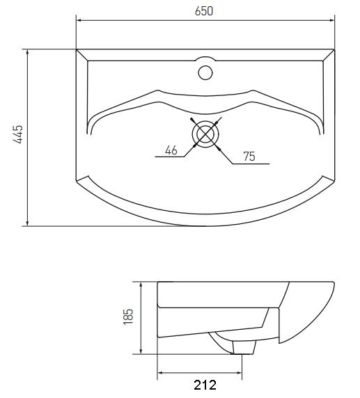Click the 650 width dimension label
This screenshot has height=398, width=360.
[x=204, y=11]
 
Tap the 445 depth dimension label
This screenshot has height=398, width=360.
[x=19, y=134]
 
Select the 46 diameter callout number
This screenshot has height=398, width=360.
[x=171, y=150]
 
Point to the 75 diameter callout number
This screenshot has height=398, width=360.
[x=249, y=157]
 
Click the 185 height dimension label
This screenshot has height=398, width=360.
[x=128, y=317]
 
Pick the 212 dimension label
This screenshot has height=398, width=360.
[x=205, y=385]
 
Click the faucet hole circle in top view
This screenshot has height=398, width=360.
[x=205, y=72]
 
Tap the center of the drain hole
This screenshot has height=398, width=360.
[x=205, y=134]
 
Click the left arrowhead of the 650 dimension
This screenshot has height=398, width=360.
[x=79, y=21]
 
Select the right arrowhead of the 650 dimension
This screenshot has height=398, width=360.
[x=331, y=21]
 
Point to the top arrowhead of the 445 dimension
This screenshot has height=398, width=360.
[x=27, y=52]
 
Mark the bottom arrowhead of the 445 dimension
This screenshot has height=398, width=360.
[x=27, y=223]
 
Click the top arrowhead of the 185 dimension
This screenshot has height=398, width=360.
[x=141, y=285]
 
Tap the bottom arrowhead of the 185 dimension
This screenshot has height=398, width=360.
[x=141, y=351]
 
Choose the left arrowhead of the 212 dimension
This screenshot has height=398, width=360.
[x=161, y=373]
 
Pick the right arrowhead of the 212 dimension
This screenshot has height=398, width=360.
[x=239, y=373]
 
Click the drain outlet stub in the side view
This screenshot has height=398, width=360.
[x=244, y=348]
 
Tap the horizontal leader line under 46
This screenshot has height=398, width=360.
[x=169, y=157]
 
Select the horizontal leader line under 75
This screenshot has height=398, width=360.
[x=251, y=164]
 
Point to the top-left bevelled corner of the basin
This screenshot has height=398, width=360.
[x=81, y=55]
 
